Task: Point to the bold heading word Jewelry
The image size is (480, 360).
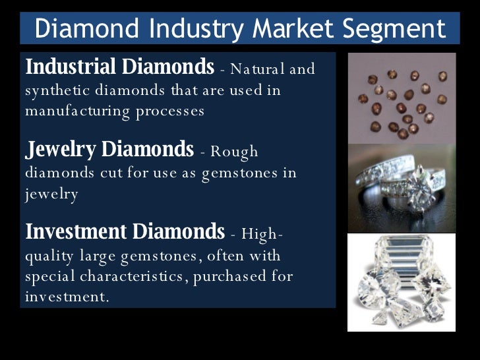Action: click(x=61, y=150)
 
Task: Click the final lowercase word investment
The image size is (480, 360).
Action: click(x=66, y=297)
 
